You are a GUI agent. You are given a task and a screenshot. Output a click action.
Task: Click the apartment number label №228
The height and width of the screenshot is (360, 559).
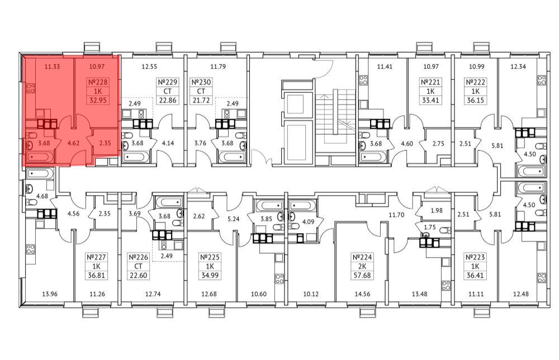click(x=98, y=82)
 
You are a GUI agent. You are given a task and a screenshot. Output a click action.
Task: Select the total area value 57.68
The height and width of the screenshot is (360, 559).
click(x=362, y=276)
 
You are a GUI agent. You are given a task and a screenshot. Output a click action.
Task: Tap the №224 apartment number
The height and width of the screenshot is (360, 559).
click(x=362, y=257)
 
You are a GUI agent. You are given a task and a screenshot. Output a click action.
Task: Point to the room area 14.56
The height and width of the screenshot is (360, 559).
click(x=362, y=294)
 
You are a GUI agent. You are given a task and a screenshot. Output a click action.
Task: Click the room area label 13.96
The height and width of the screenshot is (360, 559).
click(x=50, y=294)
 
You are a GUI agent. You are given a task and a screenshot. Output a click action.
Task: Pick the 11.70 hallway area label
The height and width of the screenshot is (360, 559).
click(x=396, y=215)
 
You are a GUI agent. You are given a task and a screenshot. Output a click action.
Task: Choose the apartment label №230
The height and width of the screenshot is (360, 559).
click(x=201, y=82)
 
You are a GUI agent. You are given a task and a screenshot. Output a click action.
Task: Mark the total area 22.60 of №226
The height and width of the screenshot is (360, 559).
click(x=138, y=276)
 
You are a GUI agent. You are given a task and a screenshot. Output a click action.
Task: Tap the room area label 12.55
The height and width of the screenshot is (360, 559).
click(x=149, y=67)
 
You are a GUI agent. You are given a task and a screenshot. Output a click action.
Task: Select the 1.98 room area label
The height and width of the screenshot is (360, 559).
click(x=437, y=210)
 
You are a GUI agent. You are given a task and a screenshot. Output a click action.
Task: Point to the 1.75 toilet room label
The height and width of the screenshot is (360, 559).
click(x=430, y=227)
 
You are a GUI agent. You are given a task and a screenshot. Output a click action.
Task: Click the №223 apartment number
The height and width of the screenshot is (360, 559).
click(x=475, y=257)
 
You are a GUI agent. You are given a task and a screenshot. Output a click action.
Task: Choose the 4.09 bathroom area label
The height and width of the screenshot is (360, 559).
click(x=308, y=222)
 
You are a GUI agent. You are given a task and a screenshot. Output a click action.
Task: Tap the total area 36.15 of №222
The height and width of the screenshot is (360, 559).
click(x=476, y=100)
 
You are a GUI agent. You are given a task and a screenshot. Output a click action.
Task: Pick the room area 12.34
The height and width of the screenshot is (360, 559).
click(x=518, y=67)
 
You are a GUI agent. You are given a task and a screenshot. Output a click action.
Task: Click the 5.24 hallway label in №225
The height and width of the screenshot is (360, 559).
click(x=233, y=219)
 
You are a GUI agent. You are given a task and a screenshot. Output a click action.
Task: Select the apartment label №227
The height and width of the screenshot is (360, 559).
click(x=96, y=257)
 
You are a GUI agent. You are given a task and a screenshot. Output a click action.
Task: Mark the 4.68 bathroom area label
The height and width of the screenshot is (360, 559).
click(x=42, y=196)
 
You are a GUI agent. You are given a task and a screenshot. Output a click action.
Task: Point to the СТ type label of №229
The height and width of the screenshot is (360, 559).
click(x=168, y=91)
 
